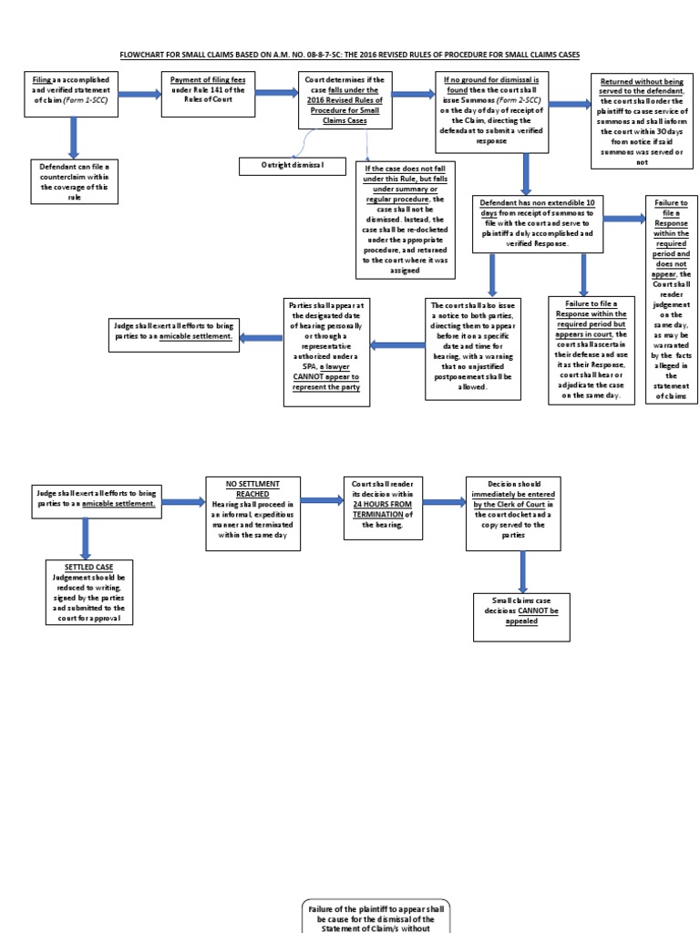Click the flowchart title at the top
pyautogui.click(x=350, y=55)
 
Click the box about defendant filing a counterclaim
pyautogui.click(x=74, y=181)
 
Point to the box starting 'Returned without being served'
pyautogui.click(x=642, y=120)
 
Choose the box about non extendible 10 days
pyautogui.click(x=537, y=223)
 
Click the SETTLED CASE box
pyautogui.click(x=89, y=592)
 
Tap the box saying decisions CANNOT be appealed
pyautogui.click(x=521, y=616)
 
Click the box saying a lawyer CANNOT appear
pyautogui.click(x=325, y=343)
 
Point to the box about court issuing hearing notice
pyautogui.click(x=473, y=348)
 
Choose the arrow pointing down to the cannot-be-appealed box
pyautogui.click(x=522, y=571)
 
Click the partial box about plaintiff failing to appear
pyautogui.click(x=376, y=916)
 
